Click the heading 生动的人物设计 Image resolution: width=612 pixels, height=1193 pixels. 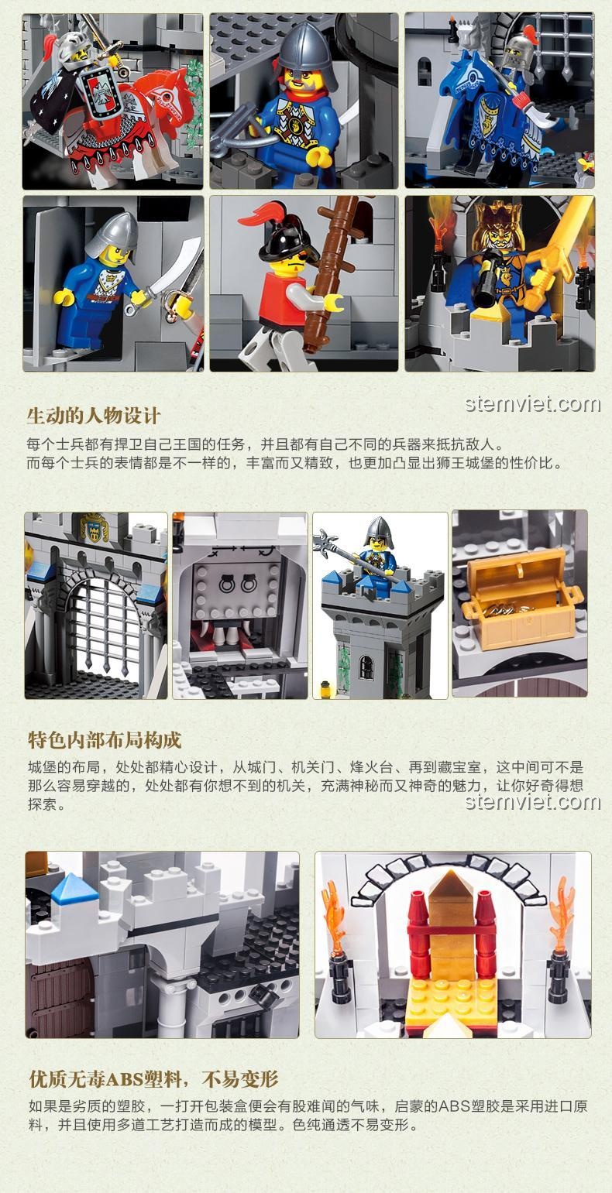point(94,416)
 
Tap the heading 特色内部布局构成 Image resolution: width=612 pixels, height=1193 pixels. point(105,740)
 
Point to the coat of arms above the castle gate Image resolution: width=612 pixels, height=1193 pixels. point(95,527)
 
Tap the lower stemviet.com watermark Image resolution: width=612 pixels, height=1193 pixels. point(533,802)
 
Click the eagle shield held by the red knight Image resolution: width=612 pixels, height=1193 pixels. point(98,93)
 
